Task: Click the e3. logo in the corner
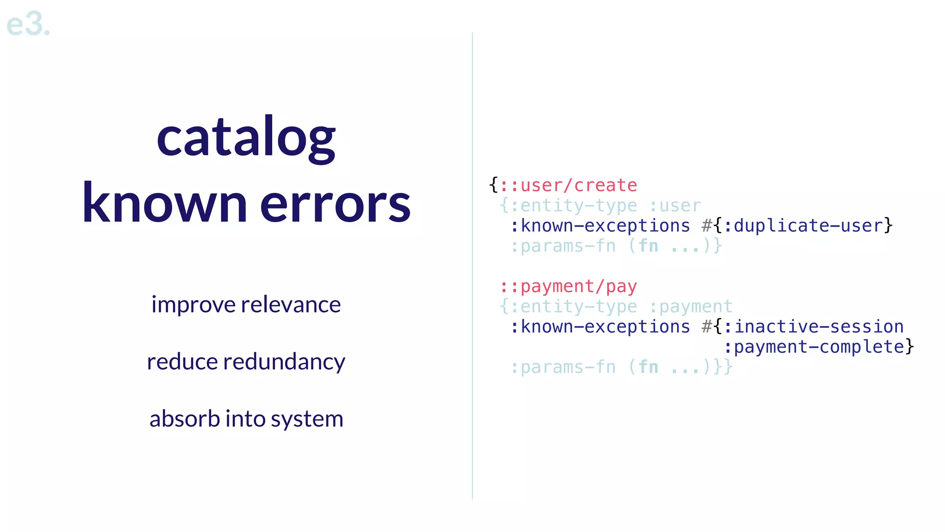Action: pyautogui.click(x=28, y=24)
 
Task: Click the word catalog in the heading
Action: pyautogui.click(x=246, y=138)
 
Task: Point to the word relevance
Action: pyautogui.click(x=291, y=305)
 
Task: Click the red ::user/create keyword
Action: pyautogui.click(x=568, y=186)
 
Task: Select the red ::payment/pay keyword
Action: pyautogui.click(x=568, y=287)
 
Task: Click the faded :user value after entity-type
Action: pyautogui.click(x=675, y=206)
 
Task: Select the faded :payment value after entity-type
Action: pyautogui.click(x=691, y=307)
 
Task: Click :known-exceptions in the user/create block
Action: pyautogui.click(x=600, y=226)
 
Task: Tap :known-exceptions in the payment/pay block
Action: pyautogui.click(x=600, y=327)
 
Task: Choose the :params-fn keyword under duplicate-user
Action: pyautogui.click(x=563, y=246)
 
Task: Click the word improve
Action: pyautogui.click(x=193, y=305)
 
